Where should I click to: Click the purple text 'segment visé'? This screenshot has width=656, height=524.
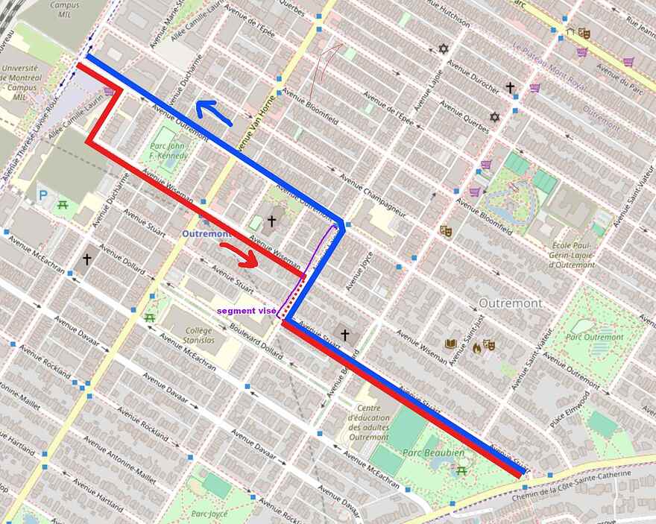[x=246, y=310]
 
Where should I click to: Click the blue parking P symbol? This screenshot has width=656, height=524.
[x=42, y=195]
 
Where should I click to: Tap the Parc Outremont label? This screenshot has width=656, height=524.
[x=594, y=337]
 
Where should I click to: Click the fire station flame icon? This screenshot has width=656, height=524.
[x=476, y=347]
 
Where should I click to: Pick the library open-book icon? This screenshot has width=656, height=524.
[x=450, y=344]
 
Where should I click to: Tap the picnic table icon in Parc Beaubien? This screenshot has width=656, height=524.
[x=462, y=470]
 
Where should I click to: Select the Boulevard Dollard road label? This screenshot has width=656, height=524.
[x=255, y=344]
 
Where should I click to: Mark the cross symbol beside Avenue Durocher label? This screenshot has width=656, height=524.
[x=511, y=88]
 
